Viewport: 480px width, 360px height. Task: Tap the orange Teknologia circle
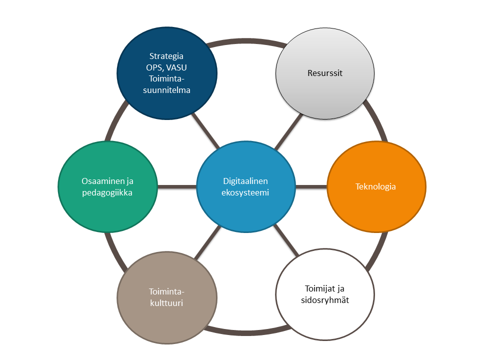[376, 210]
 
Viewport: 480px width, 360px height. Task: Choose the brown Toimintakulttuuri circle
[167, 320]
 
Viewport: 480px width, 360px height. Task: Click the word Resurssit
[325, 73]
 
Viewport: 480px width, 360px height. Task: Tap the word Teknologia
[376, 187]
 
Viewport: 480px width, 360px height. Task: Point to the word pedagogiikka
[107, 192]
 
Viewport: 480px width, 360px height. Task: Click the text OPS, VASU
[167, 67]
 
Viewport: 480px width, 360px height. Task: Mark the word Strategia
[167, 56]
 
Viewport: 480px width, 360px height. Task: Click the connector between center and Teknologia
[311, 186]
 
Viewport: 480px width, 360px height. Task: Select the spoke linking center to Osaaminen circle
[177, 186]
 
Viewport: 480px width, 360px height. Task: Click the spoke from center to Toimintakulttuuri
[207, 242]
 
